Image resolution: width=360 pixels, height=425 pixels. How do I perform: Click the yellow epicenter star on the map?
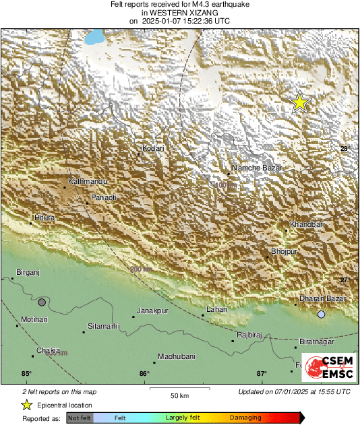coord(299,102)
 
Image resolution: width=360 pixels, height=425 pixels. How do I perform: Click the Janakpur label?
coord(152,310)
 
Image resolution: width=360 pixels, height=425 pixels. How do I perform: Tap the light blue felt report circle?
coord(322,315)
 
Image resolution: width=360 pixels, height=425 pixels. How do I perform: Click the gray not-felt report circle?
coord(42,302)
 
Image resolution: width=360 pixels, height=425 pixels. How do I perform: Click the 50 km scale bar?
coord(179,389)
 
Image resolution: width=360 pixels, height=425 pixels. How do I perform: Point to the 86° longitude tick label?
coord(144,374)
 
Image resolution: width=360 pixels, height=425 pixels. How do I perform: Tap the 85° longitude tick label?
coord(26,374)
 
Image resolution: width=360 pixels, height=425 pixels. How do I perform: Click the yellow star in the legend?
coord(26,405)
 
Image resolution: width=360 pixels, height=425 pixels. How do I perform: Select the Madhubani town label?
coord(176,356)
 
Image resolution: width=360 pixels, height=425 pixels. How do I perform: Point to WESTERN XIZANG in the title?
coord(179,12)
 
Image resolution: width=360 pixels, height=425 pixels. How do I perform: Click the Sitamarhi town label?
coord(104,326)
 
